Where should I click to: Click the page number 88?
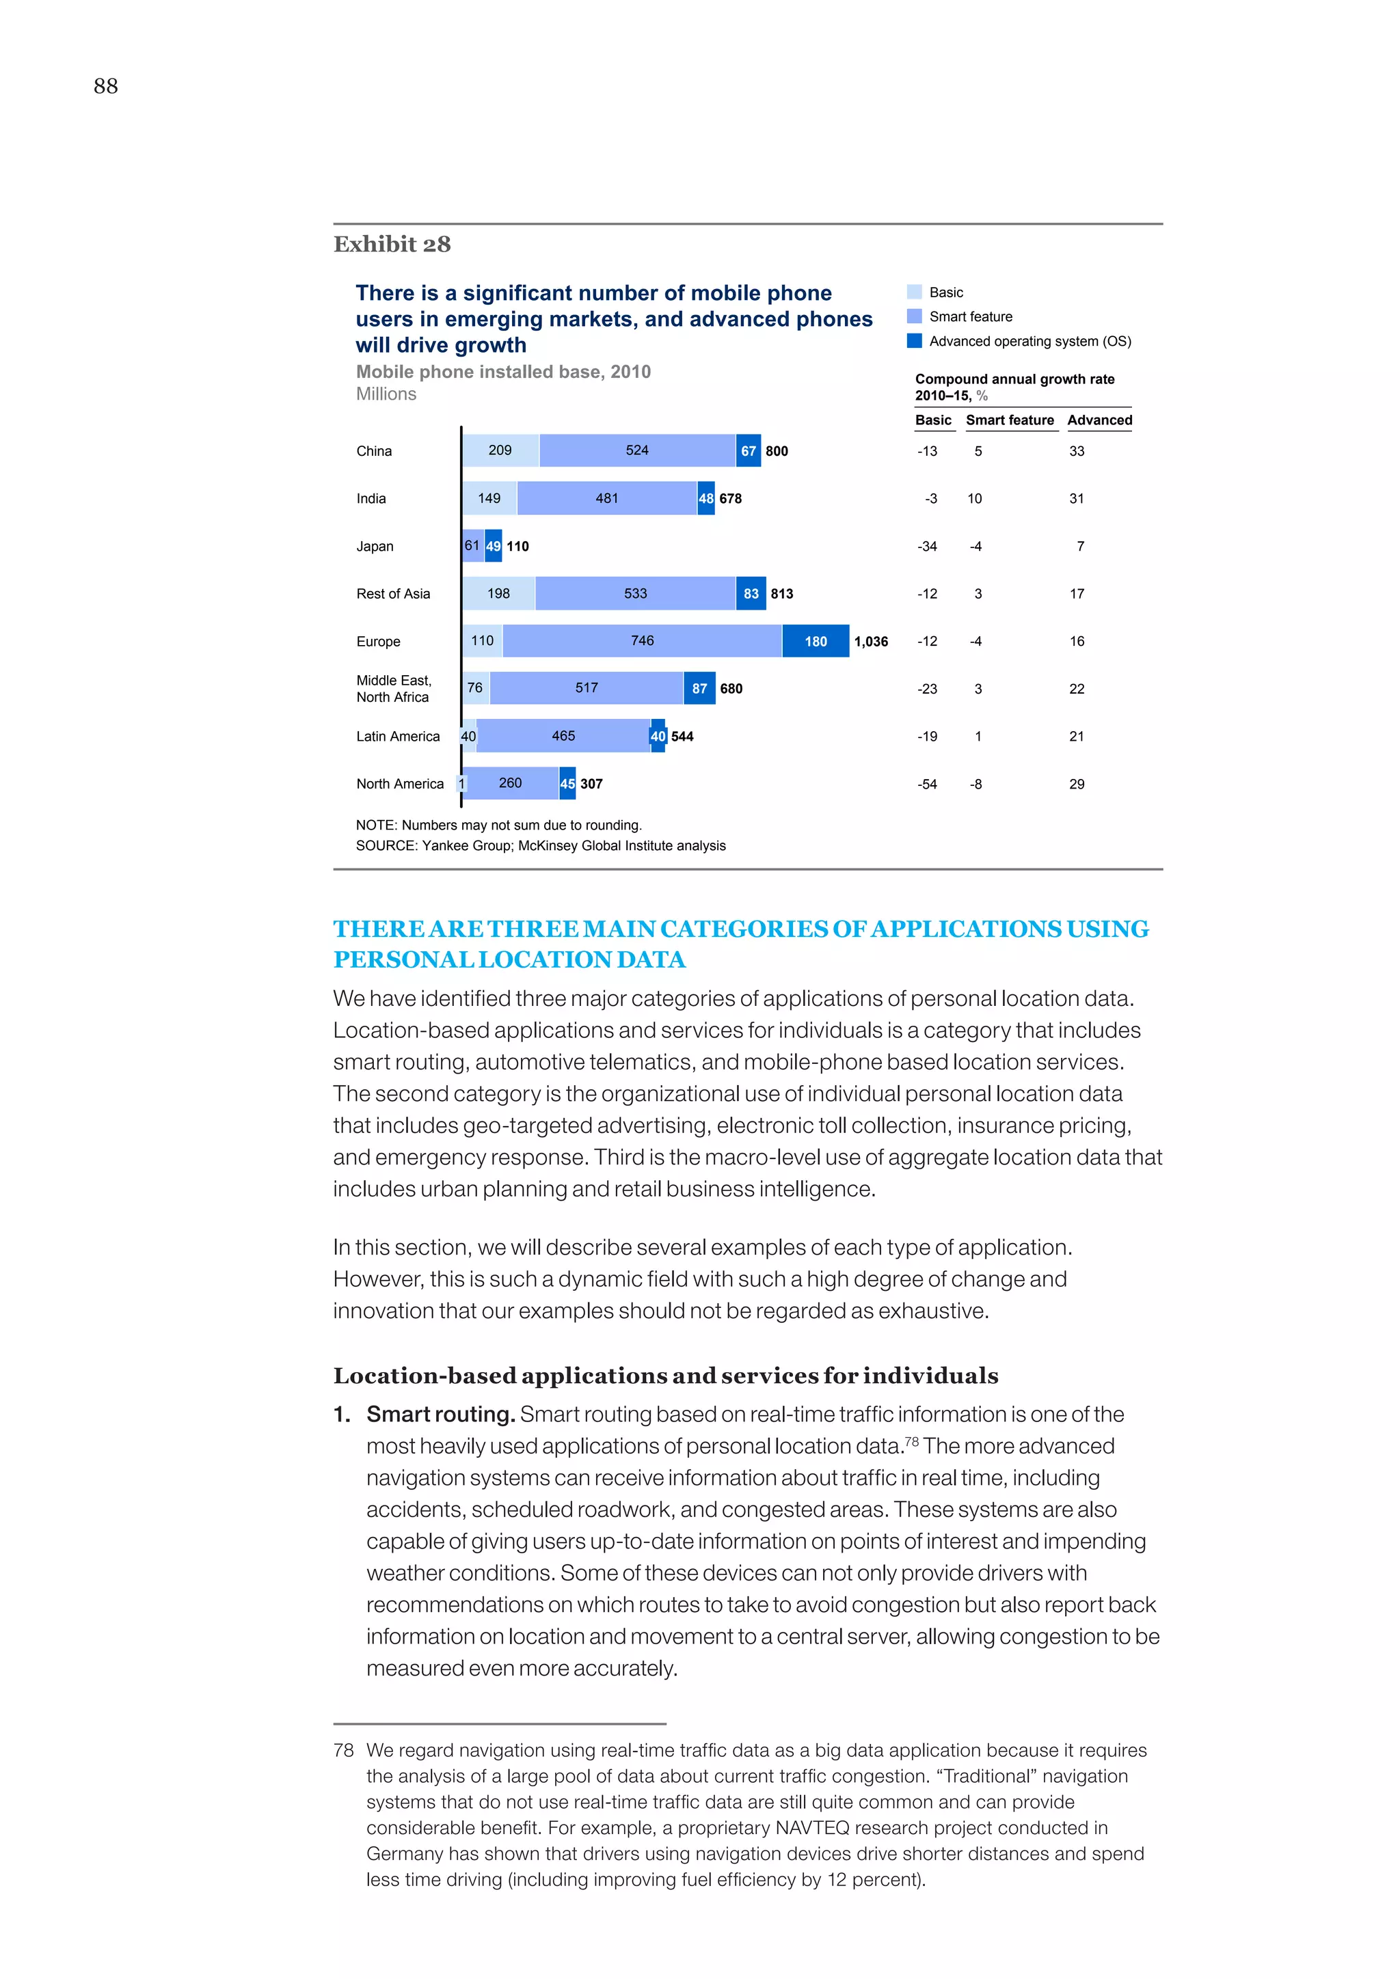[105, 86]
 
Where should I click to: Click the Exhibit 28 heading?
[392, 245]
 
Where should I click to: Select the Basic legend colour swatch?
[914, 292]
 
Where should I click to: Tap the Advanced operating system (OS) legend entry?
[1029, 341]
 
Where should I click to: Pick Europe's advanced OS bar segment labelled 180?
[816, 641]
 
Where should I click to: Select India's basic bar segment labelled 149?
[489, 498]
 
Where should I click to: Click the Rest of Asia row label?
[393, 594]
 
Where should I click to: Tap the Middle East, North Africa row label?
[394, 689]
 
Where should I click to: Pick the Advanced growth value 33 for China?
[1077, 451]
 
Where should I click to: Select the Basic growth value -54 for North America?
[927, 784]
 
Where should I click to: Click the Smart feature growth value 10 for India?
[974, 498]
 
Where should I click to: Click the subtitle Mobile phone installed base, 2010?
[503, 372]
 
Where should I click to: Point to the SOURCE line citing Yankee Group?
[541, 845]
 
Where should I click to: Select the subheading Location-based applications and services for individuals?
[666, 1376]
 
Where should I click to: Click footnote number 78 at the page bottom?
[343, 1751]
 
